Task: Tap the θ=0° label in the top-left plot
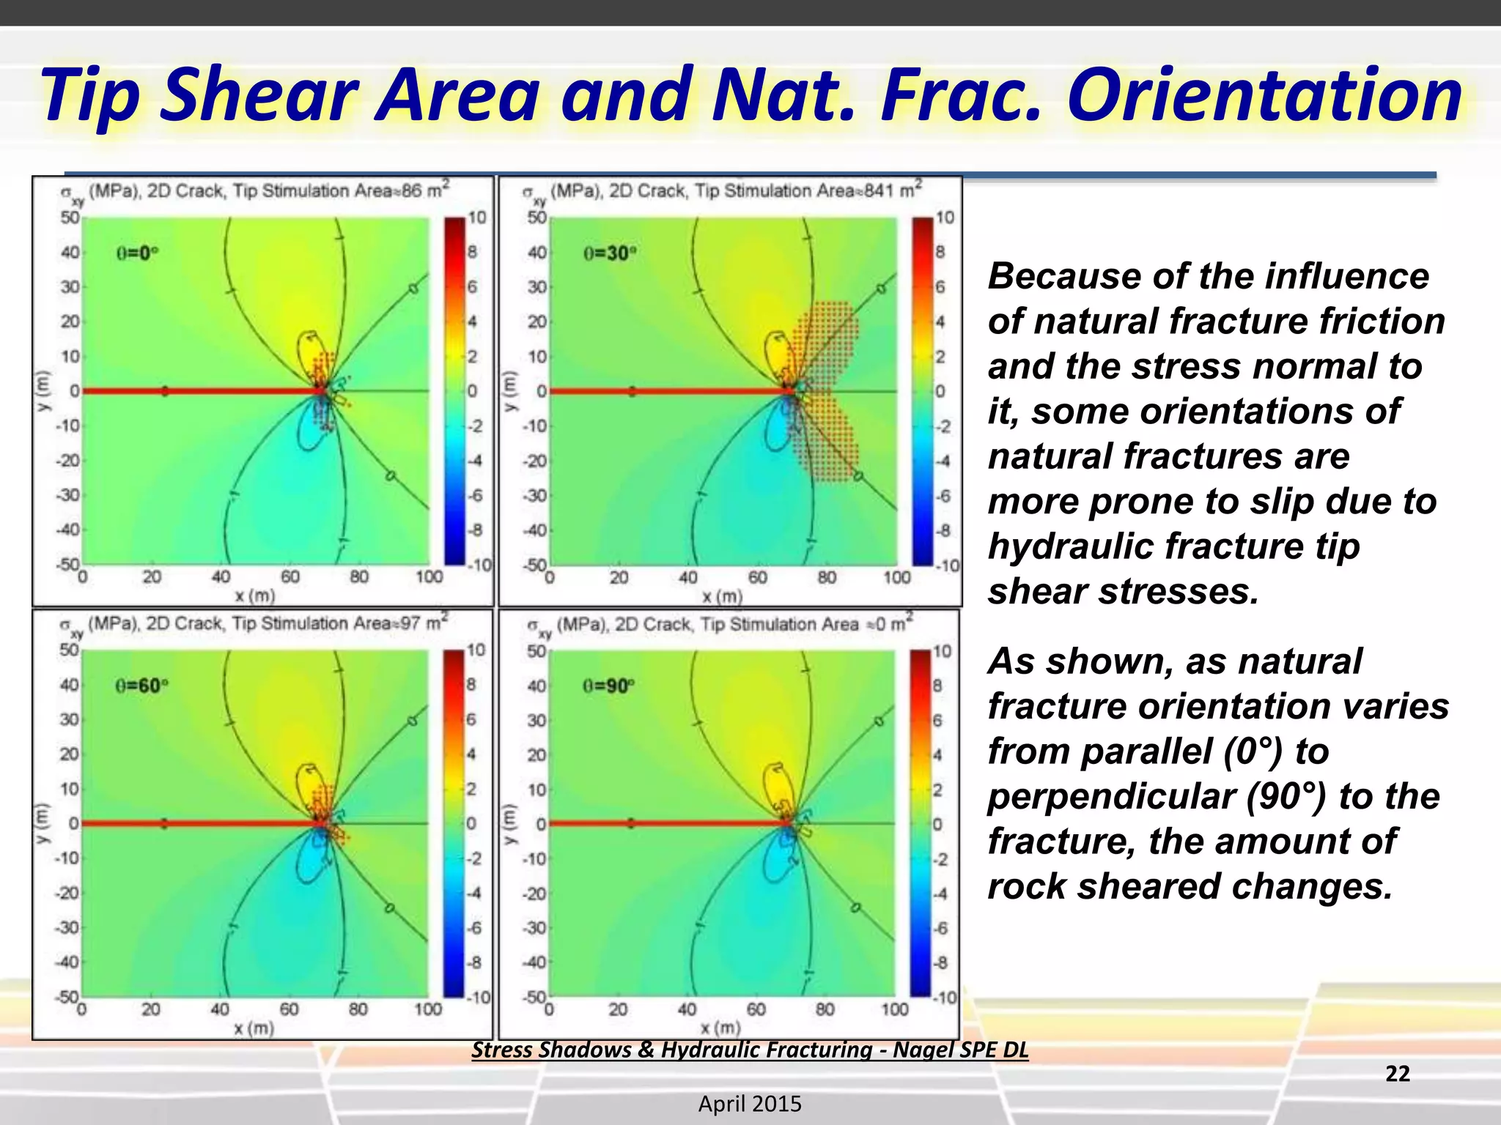(x=138, y=253)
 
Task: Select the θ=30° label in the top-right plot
(x=609, y=253)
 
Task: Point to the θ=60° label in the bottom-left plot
(x=141, y=686)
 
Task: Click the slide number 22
(x=1397, y=1074)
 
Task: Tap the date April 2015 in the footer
(x=750, y=1104)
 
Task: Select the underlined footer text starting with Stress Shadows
(x=750, y=1050)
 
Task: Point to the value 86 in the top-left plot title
(x=412, y=191)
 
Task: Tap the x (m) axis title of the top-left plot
(x=254, y=595)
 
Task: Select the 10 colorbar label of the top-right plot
(x=945, y=218)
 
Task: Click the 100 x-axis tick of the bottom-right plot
(x=895, y=1009)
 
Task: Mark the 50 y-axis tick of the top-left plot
(x=70, y=218)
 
